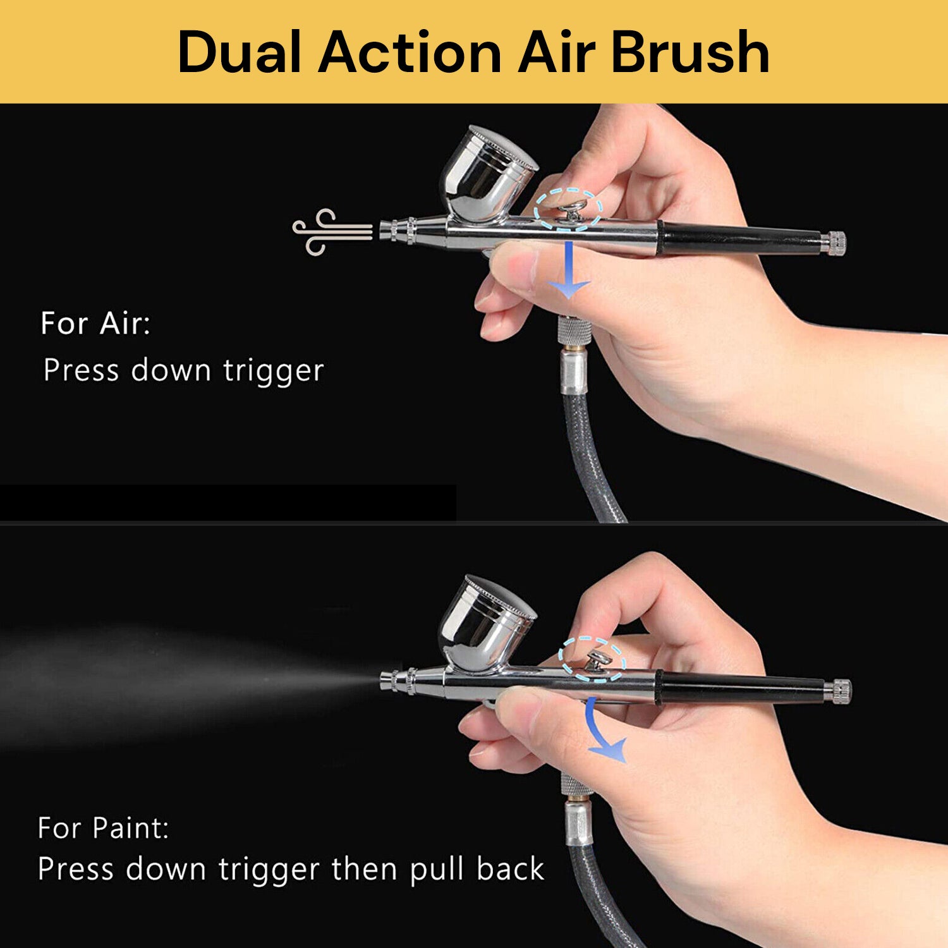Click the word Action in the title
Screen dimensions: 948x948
pos(410,52)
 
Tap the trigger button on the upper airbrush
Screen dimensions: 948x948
pos(573,209)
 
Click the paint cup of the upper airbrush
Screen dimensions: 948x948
pos(487,174)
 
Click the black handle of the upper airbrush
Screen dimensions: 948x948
pos(739,239)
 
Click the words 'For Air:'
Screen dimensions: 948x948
pos(95,323)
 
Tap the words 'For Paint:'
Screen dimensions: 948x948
pos(103,828)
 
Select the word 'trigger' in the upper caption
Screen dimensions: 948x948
pos(273,371)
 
